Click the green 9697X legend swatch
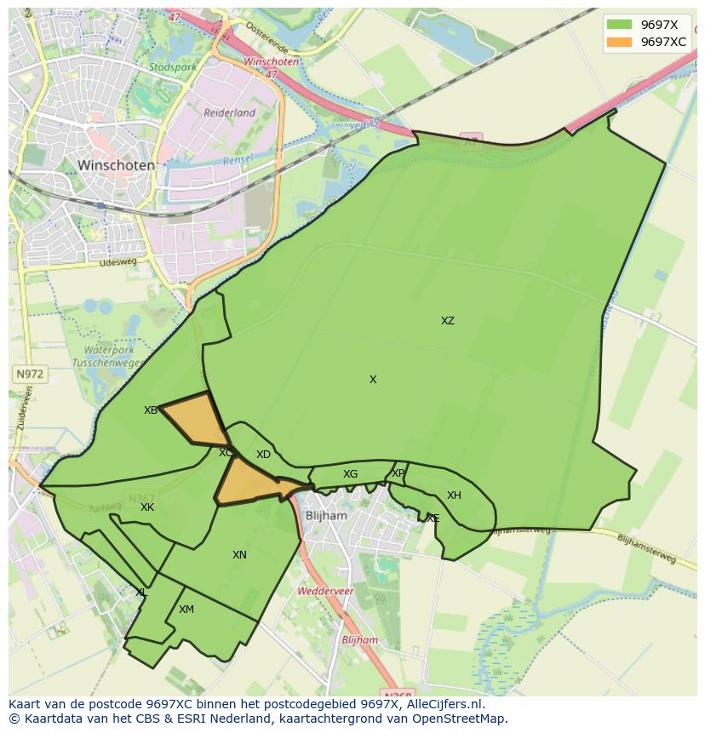620,24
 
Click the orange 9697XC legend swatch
620,42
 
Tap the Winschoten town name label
116,165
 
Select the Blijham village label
326,516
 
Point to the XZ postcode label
448,321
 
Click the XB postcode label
151,410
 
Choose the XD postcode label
263,455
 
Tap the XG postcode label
350,474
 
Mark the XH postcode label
454,495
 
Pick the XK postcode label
147,507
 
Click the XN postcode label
239,555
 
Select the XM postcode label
186,610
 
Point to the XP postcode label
398,473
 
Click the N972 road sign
29,374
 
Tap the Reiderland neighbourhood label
229,112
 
